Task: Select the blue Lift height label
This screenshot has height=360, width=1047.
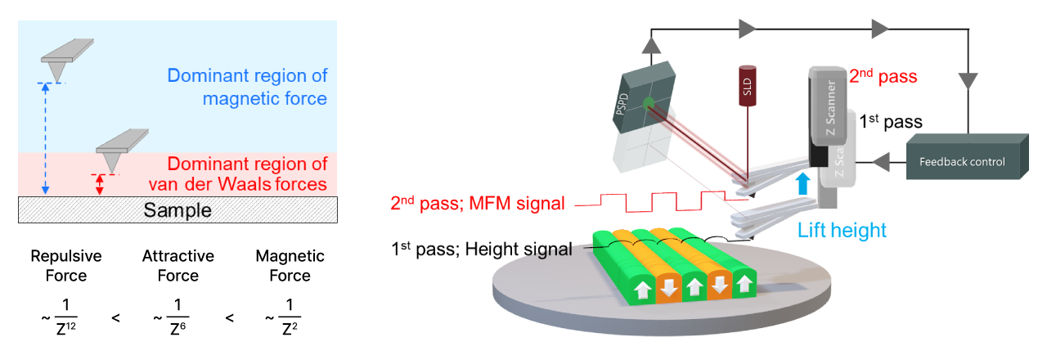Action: pyautogui.click(x=842, y=230)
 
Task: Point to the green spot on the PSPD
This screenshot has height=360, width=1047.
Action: pyautogui.click(x=649, y=103)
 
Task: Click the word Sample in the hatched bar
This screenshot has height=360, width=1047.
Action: pyautogui.click(x=177, y=210)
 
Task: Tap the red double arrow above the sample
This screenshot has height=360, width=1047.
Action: pyautogui.click(x=100, y=184)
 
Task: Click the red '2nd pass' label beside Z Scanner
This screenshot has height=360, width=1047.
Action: pyautogui.click(x=883, y=77)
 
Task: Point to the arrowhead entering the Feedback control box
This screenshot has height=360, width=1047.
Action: pyautogui.click(x=881, y=162)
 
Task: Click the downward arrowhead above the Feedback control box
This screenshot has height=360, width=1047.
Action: pyautogui.click(x=968, y=81)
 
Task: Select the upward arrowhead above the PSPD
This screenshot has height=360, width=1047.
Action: pyautogui.click(x=651, y=43)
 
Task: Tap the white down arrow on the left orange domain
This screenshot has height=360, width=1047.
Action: pyautogui.click(x=669, y=287)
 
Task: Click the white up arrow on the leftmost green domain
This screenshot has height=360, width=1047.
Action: pyautogui.click(x=643, y=289)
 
